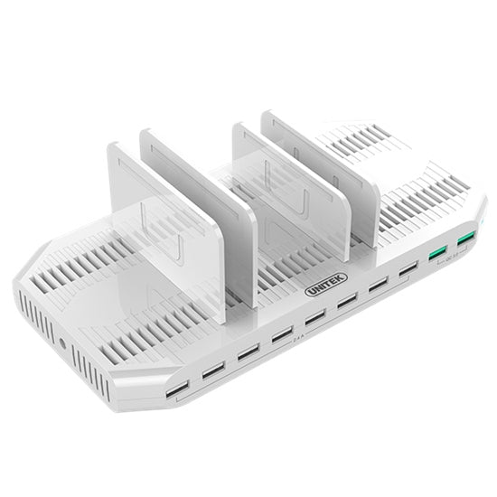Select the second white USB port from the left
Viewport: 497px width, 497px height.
[213, 370]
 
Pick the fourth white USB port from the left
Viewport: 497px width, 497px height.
[282, 333]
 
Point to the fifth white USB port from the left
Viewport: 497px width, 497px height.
[314, 317]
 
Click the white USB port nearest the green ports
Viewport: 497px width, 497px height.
[408, 269]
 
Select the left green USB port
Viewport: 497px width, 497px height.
[438, 252]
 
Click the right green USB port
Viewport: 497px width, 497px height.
[466, 238]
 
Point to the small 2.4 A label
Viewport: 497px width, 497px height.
[299, 342]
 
